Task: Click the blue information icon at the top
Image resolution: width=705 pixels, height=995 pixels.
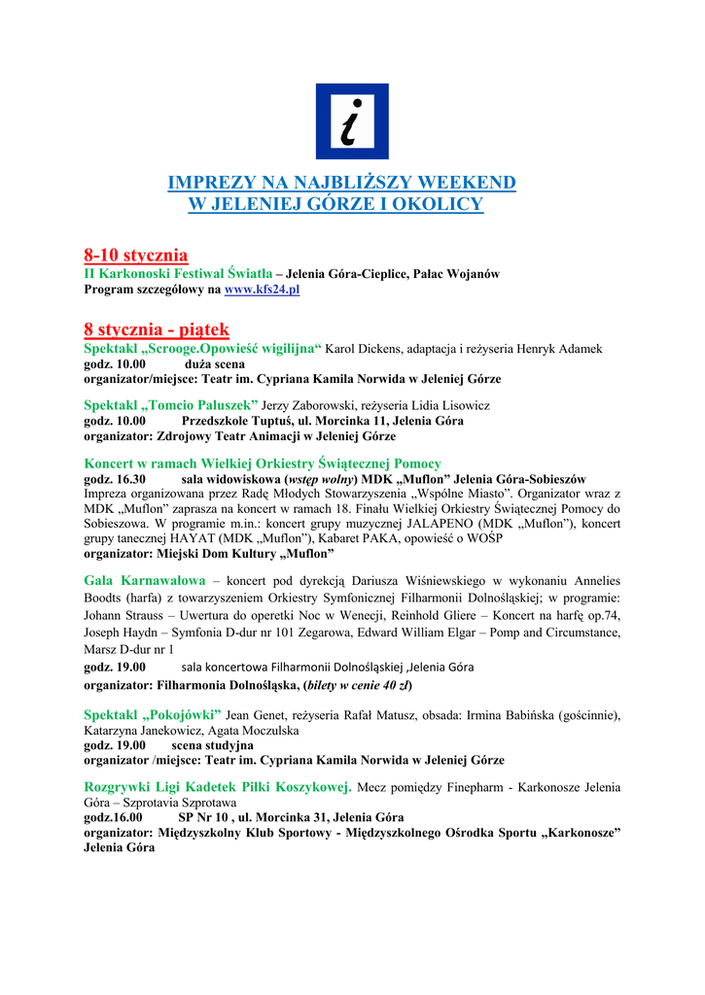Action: (x=352, y=121)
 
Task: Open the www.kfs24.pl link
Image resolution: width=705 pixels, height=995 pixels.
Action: (x=262, y=290)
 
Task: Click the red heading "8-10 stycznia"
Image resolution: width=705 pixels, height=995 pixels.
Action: (x=135, y=256)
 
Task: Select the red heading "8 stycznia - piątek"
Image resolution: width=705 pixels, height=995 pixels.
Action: (x=157, y=330)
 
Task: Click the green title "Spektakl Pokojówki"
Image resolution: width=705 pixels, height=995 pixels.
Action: (x=153, y=715)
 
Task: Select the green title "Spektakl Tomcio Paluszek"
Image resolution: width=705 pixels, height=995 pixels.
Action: (x=171, y=404)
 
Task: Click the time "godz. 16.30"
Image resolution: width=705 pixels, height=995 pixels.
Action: (x=115, y=479)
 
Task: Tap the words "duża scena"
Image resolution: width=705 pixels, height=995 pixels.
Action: (x=215, y=363)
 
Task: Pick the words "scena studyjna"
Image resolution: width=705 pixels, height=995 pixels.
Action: (x=213, y=745)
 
